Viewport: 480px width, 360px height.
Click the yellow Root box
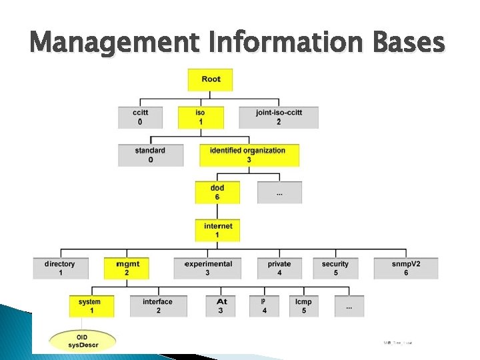click(x=210, y=79)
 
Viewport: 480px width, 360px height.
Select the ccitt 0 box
click(x=140, y=117)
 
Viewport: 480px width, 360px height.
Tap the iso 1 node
click(x=201, y=117)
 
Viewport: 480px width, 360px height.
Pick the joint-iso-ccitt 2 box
click(x=279, y=117)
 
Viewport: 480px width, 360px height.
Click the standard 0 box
click(x=150, y=155)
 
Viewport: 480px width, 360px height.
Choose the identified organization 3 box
click(x=249, y=155)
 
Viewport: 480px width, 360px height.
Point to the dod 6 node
click(x=217, y=193)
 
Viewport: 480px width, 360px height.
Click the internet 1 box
click(x=217, y=231)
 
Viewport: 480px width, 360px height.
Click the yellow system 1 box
click(x=91, y=306)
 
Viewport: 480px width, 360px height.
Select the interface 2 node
click(x=158, y=306)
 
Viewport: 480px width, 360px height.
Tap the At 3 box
click(x=222, y=306)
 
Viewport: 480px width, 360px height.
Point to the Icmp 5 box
click(x=303, y=306)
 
